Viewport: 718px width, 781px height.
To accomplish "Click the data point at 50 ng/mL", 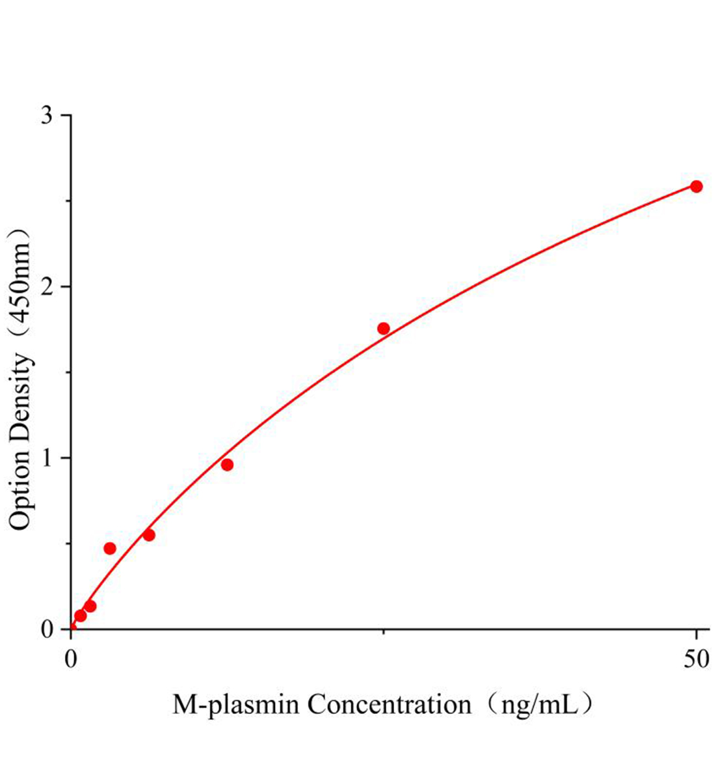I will [696, 186].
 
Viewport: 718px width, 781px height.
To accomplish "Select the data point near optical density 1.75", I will [384, 328].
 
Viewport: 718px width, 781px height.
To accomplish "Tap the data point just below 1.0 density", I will [227, 465].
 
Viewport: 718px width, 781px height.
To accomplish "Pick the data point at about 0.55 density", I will [149, 535].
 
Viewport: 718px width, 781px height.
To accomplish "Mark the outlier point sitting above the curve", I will [110, 548].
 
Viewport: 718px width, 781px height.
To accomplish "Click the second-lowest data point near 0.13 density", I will [90, 606].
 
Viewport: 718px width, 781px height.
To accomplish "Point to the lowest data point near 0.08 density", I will [81, 616].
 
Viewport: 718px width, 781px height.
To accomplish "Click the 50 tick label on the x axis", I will [696, 659].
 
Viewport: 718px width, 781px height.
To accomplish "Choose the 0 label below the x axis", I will [72, 659].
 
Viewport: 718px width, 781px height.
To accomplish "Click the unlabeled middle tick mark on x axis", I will [384, 631].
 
